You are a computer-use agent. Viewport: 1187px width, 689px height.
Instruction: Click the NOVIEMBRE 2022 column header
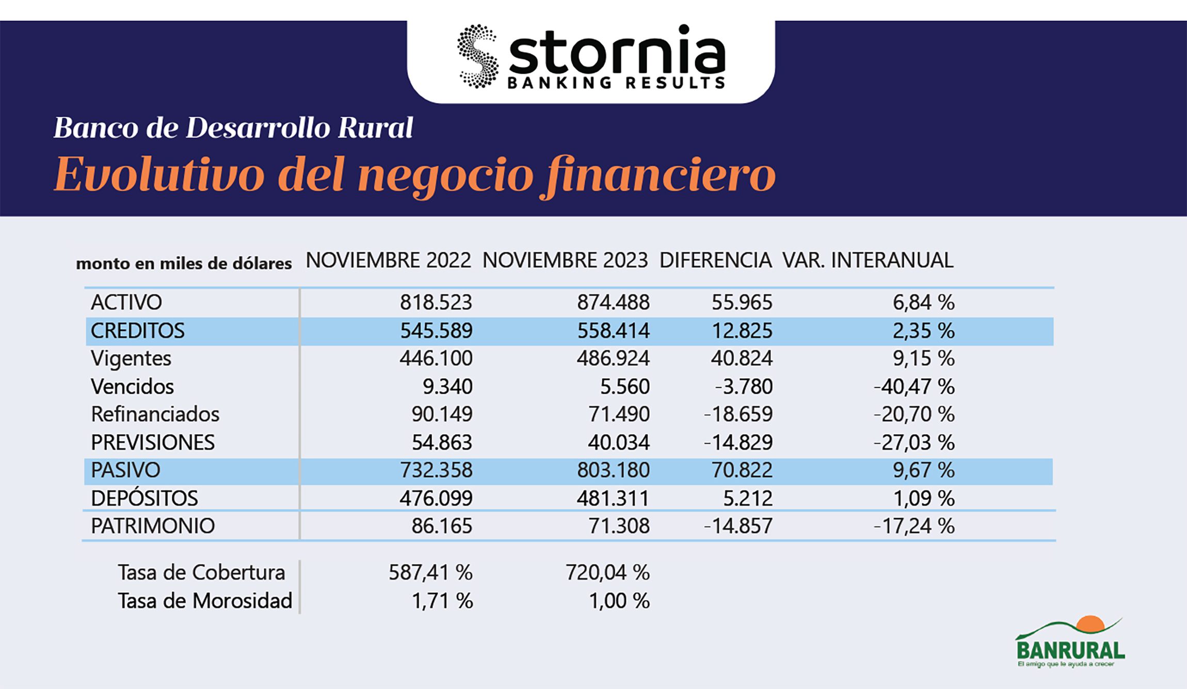388,260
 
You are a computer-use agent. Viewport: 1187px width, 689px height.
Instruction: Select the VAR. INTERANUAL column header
868,260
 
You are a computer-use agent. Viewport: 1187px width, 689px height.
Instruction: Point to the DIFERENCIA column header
715,260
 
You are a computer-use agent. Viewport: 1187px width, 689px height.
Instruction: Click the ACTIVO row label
126,302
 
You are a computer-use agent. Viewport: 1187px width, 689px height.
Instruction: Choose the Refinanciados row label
155,414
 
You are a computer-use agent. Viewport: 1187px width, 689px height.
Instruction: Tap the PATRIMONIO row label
153,526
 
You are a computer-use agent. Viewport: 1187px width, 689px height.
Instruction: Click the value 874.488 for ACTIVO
613,302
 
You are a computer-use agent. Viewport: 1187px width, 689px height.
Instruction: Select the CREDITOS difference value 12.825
742,331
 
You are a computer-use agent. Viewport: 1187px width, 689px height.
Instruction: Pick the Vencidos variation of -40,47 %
913,387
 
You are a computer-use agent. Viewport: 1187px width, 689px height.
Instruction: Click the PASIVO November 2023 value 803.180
613,470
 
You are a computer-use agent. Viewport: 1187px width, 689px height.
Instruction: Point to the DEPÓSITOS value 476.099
436,499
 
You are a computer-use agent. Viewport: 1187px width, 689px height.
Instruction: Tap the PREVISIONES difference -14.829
738,443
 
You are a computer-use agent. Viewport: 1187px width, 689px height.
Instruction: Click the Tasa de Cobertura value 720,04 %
607,572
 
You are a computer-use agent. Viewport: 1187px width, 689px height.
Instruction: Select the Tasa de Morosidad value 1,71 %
442,601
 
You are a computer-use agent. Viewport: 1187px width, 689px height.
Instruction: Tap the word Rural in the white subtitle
375,127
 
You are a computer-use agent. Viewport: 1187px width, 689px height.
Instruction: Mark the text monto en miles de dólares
184,264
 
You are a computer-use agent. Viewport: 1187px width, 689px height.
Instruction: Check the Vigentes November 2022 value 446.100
436,359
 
